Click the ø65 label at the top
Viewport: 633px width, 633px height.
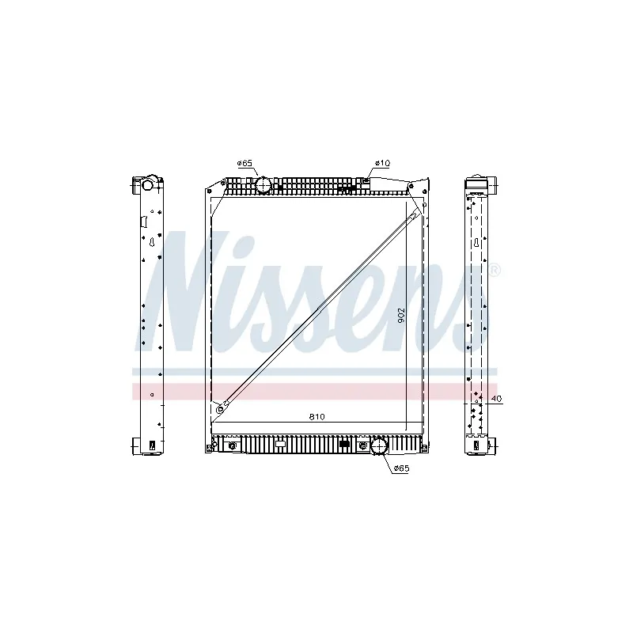tap(244, 163)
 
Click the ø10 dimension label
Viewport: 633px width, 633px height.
tap(381, 163)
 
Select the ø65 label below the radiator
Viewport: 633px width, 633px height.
tap(401, 469)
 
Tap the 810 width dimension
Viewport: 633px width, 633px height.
tap(317, 416)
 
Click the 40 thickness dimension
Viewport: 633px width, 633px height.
tap(495, 399)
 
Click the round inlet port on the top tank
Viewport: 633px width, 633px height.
tap(262, 186)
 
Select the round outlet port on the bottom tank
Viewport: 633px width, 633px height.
tap(379, 447)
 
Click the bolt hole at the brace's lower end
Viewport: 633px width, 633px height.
tap(221, 407)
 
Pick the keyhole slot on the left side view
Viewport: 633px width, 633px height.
tap(149, 243)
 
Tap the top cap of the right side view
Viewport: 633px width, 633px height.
tap(478, 184)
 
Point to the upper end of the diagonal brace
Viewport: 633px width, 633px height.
tap(415, 214)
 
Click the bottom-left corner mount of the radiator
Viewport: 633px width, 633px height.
tap(210, 447)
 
